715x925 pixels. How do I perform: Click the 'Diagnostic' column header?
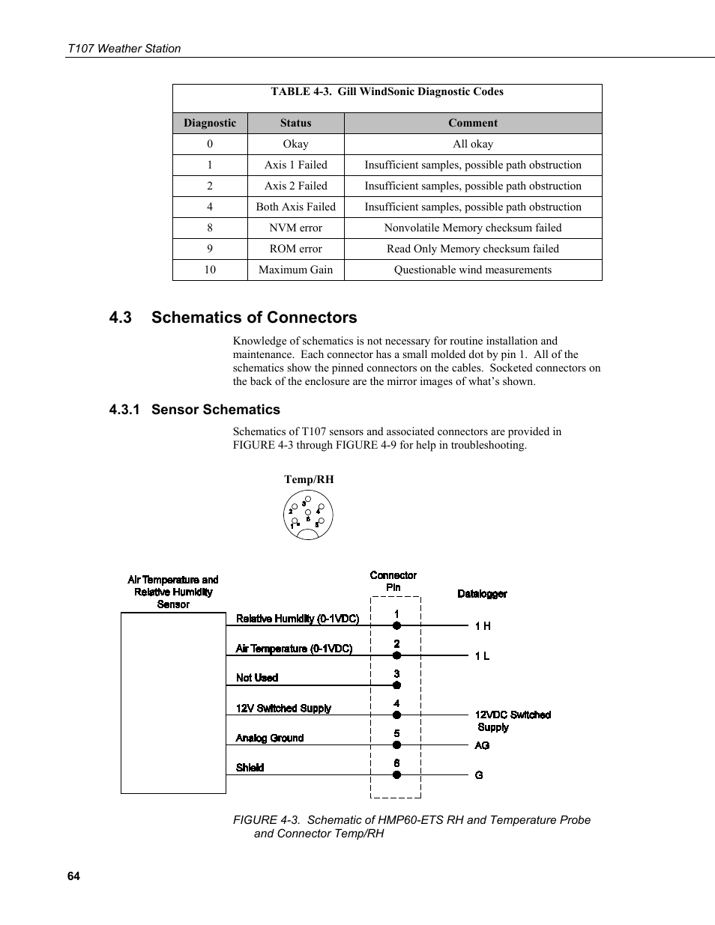[x=210, y=123]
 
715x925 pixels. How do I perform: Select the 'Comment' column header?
[x=472, y=123]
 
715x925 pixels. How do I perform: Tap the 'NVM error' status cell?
[x=295, y=228]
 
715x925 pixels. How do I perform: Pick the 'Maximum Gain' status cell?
[x=295, y=270]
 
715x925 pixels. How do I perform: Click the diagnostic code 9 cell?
[x=210, y=249]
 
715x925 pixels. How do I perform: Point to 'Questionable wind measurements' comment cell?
[x=472, y=270]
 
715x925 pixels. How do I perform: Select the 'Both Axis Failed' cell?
[x=295, y=207]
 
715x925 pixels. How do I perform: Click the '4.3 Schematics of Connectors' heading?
[x=232, y=317]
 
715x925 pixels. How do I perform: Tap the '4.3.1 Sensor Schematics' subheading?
[x=194, y=410]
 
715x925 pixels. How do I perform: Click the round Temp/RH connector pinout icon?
[x=308, y=516]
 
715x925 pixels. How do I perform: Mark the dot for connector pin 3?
[x=397, y=685]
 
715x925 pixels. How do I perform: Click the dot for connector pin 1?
[x=397, y=625]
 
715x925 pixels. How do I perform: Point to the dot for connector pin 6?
[x=397, y=775]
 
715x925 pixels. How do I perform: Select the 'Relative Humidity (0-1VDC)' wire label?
[x=298, y=619]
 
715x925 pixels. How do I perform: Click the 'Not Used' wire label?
[x=257, y=678]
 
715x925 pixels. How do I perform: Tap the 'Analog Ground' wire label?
[x=270, y=738]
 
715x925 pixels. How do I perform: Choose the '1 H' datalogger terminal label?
[x=483, y=626]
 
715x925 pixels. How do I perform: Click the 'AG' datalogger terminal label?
[x=482, y=745]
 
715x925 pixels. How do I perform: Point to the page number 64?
[x=73, y=876]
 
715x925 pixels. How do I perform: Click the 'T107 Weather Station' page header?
[x=124, y=49]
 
